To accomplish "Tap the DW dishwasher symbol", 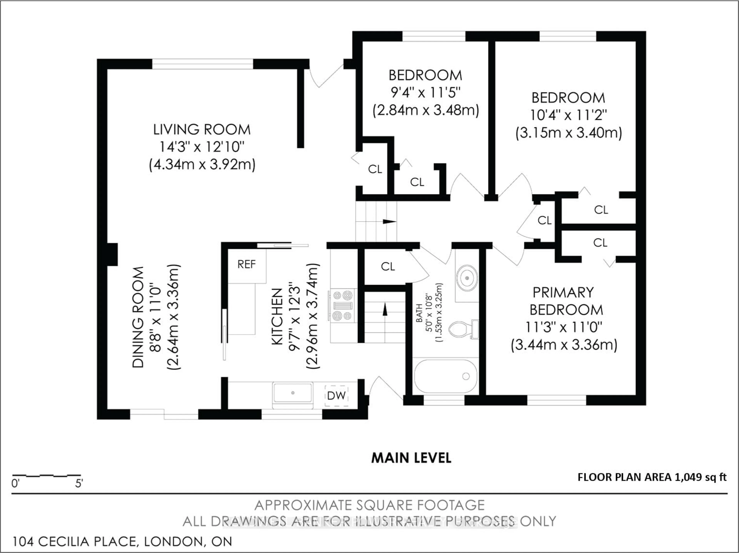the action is coord(336,396).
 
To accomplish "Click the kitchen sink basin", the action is coord(293,393).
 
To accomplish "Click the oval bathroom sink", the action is coord(467,278).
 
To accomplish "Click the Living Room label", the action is coord(202,129).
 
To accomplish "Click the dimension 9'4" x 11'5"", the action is coord(426,93).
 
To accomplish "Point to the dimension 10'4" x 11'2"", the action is coord(568,115).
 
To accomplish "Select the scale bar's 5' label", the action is coord(79,483).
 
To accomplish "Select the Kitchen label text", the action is coord(277,317).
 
